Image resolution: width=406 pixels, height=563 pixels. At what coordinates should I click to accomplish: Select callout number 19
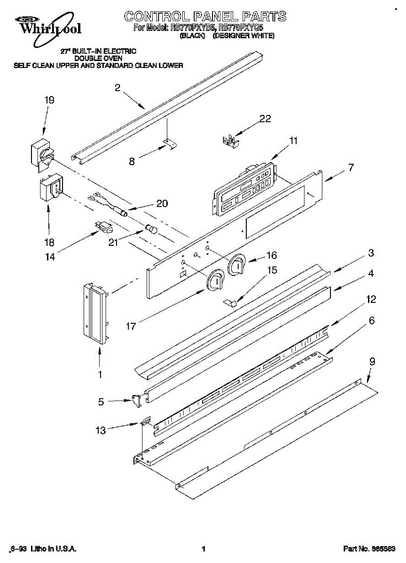click(49, 100)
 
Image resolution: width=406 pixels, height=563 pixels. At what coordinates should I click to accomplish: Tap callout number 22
click(265, 119)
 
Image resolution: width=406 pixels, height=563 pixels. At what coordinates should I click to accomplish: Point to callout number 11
click(294, 140)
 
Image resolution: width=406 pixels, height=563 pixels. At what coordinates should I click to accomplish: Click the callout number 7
click(351, 167)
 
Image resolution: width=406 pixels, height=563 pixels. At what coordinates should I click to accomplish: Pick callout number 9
click(372, 362)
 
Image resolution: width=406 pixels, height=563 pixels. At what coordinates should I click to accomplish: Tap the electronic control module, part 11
click(244, 188)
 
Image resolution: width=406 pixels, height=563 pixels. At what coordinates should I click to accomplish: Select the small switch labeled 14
click(104, 228)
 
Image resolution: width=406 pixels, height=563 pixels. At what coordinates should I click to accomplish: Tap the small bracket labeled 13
click(146, 422)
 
